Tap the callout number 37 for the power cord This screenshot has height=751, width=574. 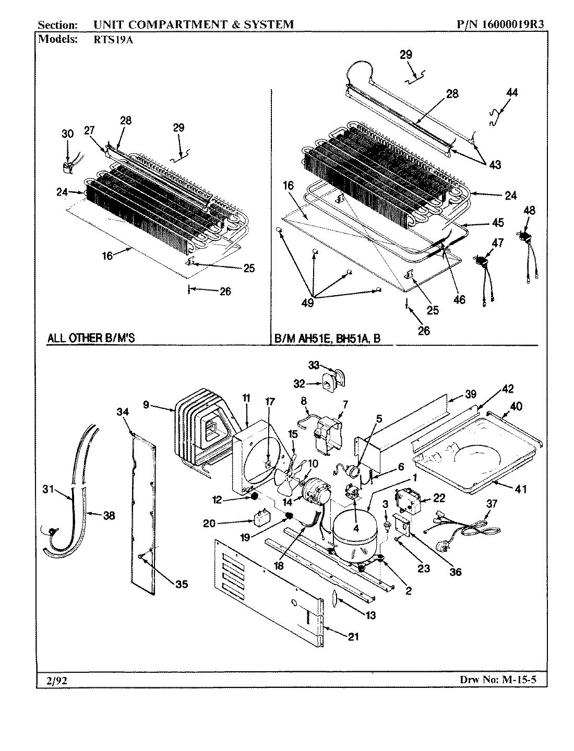492,503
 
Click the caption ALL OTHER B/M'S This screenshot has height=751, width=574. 91,337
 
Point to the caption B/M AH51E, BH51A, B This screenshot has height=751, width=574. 328,338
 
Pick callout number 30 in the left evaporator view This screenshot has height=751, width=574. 67,134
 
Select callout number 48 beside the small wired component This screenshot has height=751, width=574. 529,211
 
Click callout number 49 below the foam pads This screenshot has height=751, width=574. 307,302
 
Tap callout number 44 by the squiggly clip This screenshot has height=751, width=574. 512,92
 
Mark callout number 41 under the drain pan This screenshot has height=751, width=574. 520,489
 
